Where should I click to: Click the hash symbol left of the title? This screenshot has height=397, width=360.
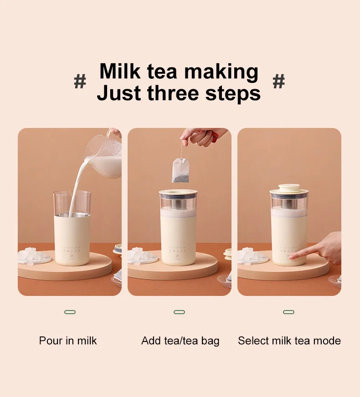pos(80,82)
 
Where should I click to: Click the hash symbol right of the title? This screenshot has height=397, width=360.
pos(278,82)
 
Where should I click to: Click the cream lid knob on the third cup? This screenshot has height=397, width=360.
pos(288,187)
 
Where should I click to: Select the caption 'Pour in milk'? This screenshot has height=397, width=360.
pos(68,341)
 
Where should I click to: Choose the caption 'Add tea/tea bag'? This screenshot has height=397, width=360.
pos(180,341)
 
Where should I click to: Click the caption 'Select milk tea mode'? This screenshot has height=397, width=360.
pos(289,341)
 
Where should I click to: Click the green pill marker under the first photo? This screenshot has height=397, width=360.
pos(70,312)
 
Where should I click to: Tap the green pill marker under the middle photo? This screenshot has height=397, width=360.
pos(179,312)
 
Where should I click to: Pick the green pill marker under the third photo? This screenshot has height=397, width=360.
pos(288,312)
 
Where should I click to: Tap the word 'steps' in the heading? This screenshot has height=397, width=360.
pos(233,93)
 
